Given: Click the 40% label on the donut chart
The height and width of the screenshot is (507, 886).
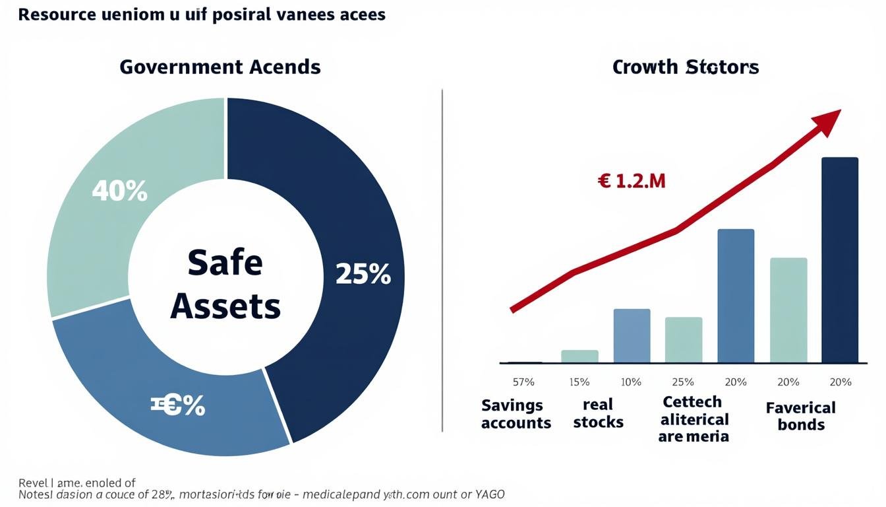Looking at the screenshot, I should click(119, 191).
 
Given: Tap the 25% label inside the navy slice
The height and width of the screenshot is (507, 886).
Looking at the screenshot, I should click(363, 274).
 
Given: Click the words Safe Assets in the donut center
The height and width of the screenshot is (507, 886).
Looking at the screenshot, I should click(225, 285).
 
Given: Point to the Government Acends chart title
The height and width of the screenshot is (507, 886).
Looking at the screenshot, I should click(220, 67).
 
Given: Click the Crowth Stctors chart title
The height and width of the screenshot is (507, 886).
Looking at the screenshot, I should click(686, 67).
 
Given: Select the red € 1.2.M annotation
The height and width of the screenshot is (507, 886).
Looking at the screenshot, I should click(632, 181).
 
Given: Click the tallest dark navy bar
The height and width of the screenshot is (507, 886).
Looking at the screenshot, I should click(839, 260).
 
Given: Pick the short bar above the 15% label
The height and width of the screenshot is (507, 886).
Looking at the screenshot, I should click(579, 356).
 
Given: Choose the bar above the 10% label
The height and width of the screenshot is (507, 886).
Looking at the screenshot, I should click(632, 336).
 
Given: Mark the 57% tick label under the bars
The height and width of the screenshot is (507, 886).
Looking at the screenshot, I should click(523, 382).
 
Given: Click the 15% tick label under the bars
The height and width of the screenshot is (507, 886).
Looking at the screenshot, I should click(579, 382).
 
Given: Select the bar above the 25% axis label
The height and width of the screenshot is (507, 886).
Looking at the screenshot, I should click(684, 340).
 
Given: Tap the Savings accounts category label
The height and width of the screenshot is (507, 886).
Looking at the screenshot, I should click(516, 414).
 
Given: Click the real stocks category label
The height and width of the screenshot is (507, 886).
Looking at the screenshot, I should click(598, 413).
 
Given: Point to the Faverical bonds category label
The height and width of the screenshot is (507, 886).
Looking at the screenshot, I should click(800, 416).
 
